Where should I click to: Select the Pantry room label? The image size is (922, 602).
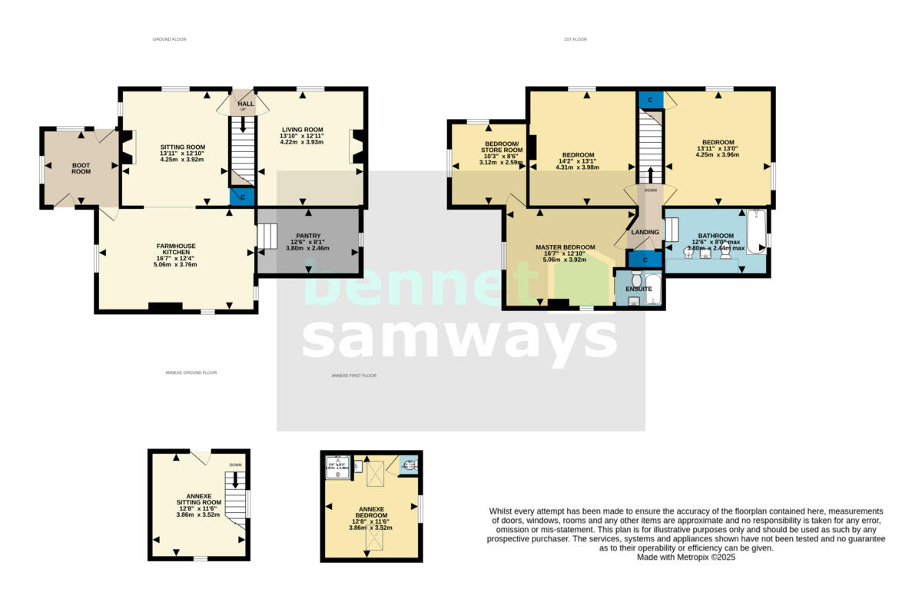pyautogui.click(x=307, y=236)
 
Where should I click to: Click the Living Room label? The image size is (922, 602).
pyautogui.click(x=301, y=130)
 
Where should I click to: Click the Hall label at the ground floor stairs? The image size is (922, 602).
pyautogui.click(x=246, y=104)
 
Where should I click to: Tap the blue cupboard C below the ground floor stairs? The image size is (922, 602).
pyautogui.click(x=243, y=197)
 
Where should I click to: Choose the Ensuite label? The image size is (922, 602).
pyautogui.click(x=640, y=289)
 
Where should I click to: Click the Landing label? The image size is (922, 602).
pyautogui.click(x=645, y=232)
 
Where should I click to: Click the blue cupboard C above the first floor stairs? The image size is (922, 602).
pyautogui.click(x=651, y=100)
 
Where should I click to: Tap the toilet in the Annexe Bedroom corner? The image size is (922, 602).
pyautogui.click(x=409, y=465)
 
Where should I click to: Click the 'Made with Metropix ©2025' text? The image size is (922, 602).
pyautogui.click(x=686, y=557)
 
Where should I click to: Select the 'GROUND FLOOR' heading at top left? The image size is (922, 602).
pyautogui.click(x=169, y=39)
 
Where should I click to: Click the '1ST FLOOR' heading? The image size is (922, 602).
pyautogui.click(x=575, y=39)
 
